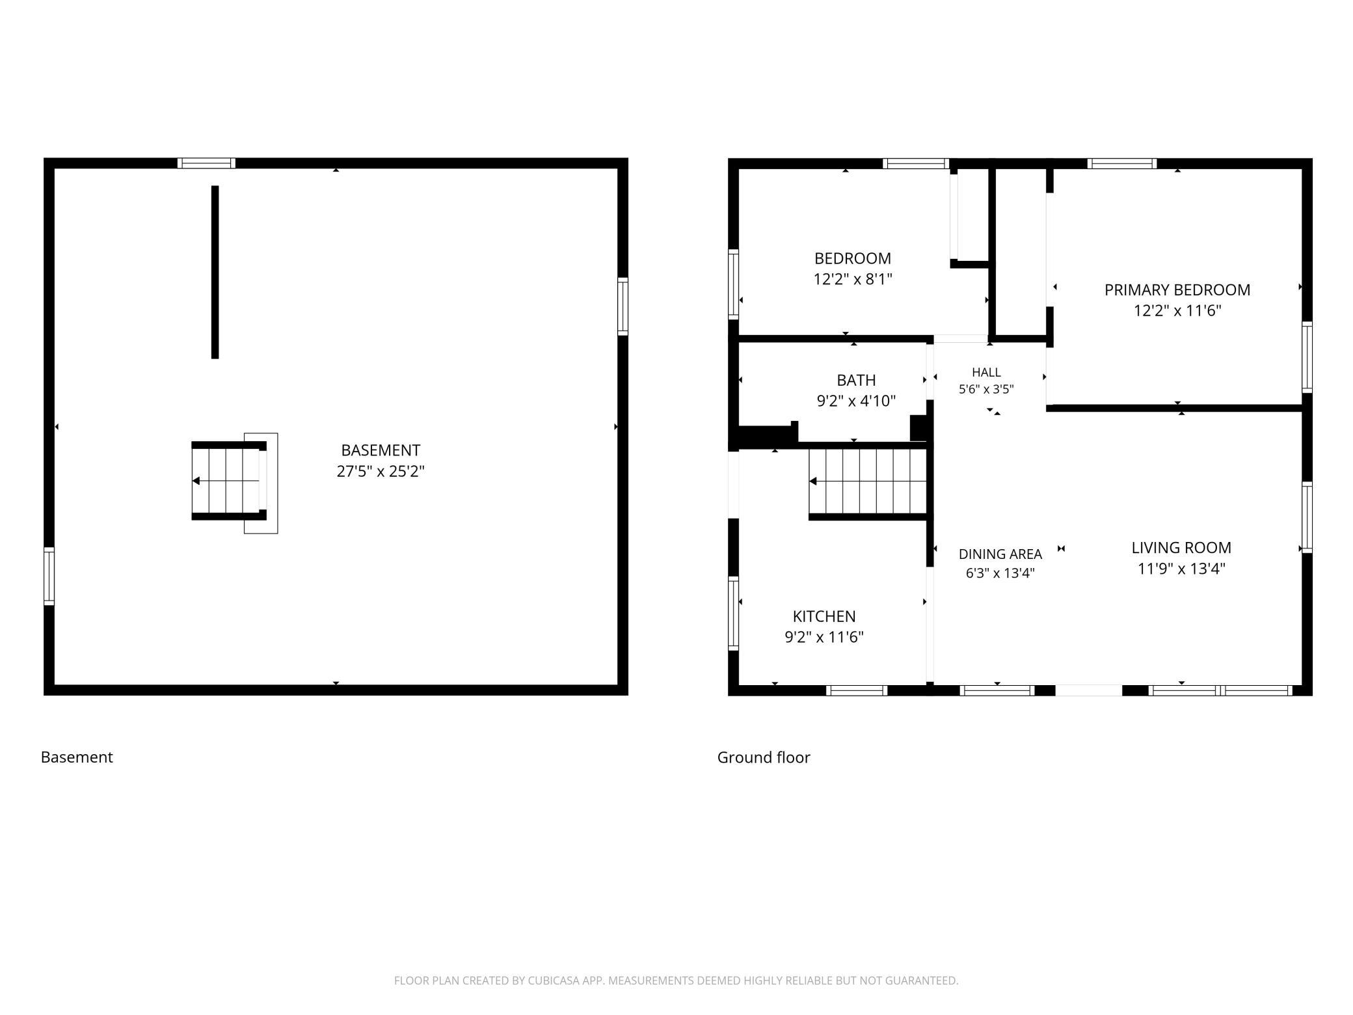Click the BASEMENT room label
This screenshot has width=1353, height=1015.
point(381,450)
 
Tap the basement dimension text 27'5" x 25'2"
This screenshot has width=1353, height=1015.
point(381,471)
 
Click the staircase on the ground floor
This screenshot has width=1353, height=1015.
point(868,481)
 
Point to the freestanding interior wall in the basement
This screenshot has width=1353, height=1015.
point(215,272)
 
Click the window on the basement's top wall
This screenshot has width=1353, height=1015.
point(206,163)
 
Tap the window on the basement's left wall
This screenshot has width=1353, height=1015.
point(49,576)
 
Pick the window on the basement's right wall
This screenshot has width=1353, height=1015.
point(623,306)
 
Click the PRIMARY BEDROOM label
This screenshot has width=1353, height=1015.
point(1177,290)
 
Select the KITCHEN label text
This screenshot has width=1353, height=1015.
point(824,616)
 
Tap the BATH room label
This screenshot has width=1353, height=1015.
point(856,380)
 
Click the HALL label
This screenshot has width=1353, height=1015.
point(986,372)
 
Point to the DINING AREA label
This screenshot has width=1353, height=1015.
point(1000,554)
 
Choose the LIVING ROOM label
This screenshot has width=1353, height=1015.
point(1181,548)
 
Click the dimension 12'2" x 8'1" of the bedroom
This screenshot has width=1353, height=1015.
point(853,279)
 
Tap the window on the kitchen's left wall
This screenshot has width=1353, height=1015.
point(733,613)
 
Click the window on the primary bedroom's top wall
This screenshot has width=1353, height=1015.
point(1122,163)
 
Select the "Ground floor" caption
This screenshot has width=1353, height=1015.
point(764,757)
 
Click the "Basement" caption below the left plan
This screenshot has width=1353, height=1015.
point(77,757)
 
